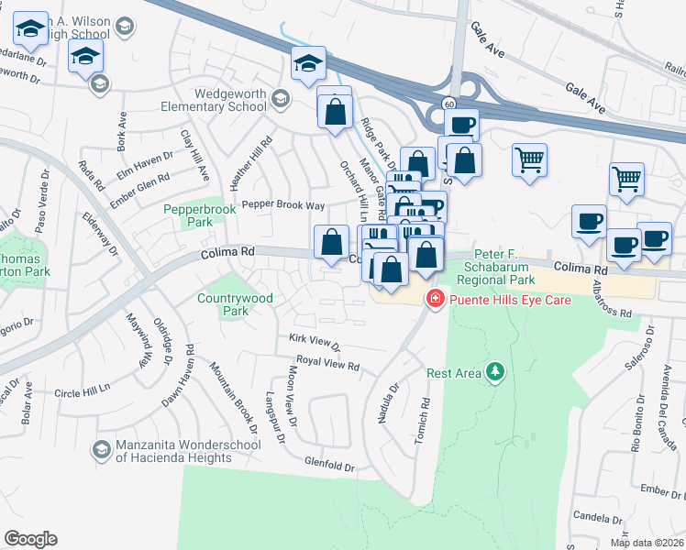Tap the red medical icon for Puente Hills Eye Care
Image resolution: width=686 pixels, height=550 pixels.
435,299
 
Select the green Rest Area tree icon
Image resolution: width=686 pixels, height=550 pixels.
495,371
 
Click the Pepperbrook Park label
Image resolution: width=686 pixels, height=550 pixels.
199,215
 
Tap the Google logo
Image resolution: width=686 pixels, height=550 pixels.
30,539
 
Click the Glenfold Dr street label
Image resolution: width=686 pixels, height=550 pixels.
330,467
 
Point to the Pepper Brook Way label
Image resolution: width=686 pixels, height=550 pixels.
282,205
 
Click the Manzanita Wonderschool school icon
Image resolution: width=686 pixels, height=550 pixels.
101,449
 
